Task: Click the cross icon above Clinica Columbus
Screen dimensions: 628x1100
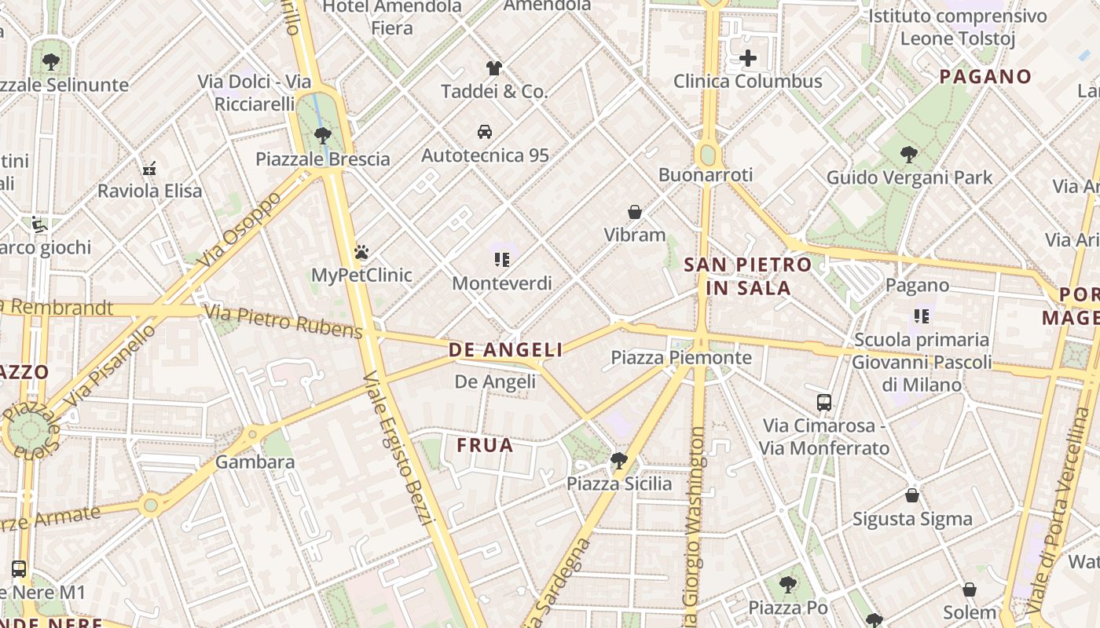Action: (748, 57)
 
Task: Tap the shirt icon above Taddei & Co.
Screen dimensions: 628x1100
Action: (493, 68)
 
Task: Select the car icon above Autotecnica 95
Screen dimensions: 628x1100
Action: (485, 131)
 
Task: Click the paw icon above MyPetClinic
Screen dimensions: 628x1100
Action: (361, 252)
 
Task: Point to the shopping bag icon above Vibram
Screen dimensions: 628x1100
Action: (635, 212)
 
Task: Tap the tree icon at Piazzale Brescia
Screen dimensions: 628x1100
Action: (322, 136)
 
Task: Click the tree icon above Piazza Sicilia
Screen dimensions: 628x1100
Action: (619, 460)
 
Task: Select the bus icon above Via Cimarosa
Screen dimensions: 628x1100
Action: (824, 403)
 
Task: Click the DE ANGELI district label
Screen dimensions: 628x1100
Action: (506, 350)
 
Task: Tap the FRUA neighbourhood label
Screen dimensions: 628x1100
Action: (486, 445)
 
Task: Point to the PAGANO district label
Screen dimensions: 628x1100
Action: (985, 76)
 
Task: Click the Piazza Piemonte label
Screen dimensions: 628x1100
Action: (681, 358)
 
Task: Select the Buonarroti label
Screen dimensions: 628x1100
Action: (706, 174)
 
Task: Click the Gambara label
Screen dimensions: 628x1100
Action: (255, 462)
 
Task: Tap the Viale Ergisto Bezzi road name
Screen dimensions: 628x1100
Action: (398, 448)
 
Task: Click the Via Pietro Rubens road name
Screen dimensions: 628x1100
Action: (283, 322)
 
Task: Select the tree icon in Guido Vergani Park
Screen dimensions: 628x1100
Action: (909, 155)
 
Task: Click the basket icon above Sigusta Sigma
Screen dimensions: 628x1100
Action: (912, 495)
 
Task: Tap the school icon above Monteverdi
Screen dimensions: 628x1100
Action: (502, 259)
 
